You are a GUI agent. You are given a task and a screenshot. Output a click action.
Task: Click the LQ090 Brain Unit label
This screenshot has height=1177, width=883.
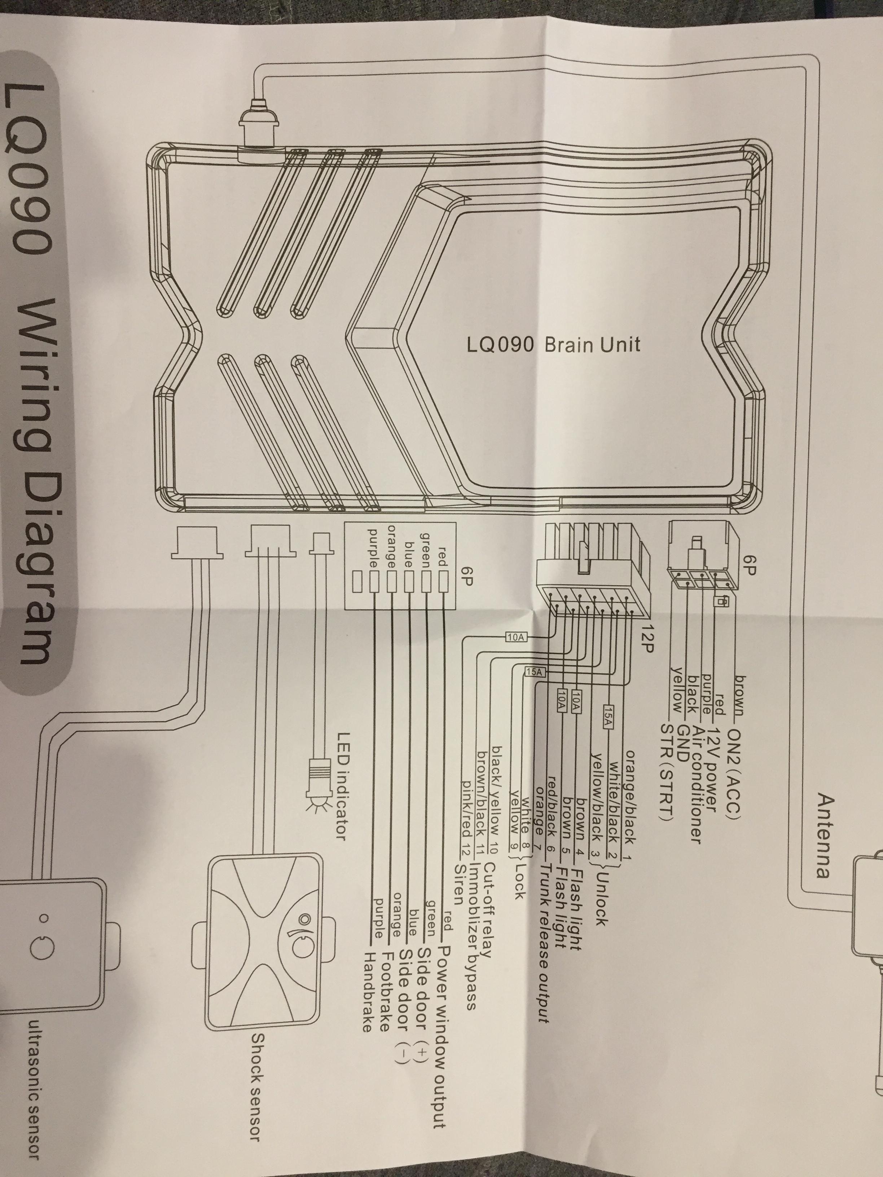(554, 345)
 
